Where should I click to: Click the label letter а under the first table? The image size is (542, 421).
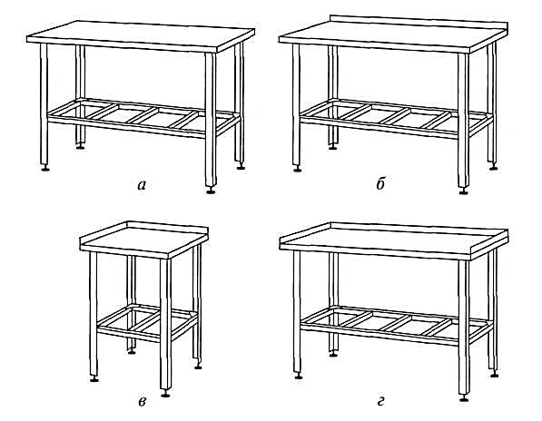[x=142, y=186]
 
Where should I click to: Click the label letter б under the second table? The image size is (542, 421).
[x=380, y=184]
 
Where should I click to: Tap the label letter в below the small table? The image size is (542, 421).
[x=142, y=402]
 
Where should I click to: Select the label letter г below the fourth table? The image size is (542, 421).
[x=380, y=402]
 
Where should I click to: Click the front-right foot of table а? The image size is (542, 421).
[x=211, y=191]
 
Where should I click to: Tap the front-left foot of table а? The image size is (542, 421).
[x=44, y=169]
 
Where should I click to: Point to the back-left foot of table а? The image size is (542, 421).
[x=80, y=147]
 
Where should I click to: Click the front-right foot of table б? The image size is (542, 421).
[x=464, y=191]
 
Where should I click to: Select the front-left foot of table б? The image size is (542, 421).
[x=297, y=170]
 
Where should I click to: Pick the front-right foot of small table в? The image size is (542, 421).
[x=165, y=394]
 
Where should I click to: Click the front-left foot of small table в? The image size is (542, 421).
[x=94, y=379]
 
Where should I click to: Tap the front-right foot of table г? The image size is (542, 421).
[x=464, y=398]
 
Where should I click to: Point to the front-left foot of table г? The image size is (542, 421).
[x=299, y=377]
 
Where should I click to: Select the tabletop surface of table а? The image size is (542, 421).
[x=141, y=34]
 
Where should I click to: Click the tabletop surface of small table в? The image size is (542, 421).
[x=144, y=239]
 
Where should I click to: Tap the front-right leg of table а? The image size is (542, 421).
[x=211, y=120]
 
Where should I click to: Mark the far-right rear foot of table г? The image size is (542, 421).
[x=494, y=375]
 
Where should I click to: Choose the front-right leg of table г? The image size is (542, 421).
[x=464, y=328]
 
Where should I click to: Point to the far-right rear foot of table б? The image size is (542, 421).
[x=494, y=168]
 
